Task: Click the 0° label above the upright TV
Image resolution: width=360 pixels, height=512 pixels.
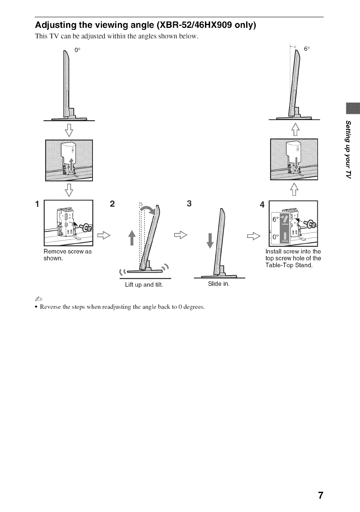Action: coord(77,50)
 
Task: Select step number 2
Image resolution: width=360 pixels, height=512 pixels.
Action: coord(112,204)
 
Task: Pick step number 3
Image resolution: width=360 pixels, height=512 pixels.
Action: coord(189,203)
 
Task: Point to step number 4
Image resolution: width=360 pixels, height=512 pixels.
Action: coord(262,205)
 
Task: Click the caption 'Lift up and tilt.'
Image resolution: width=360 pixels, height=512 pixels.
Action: coord(144,285)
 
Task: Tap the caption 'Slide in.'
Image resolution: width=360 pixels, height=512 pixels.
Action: coord(219,284)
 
